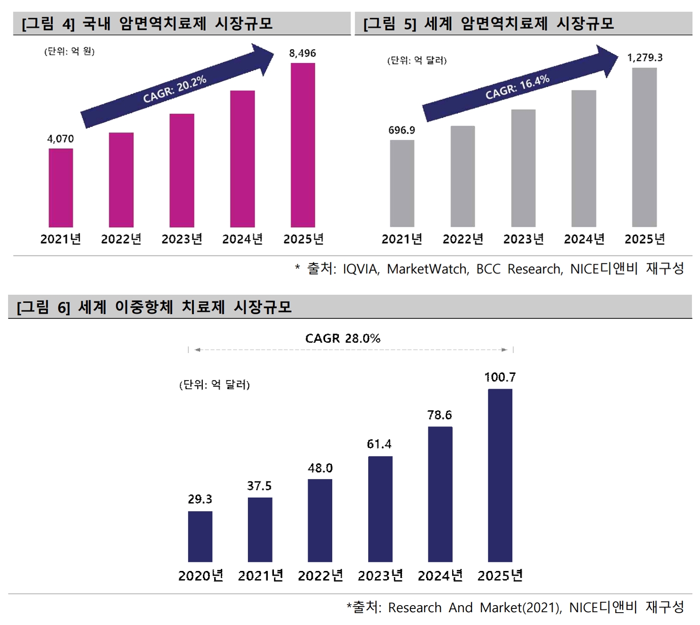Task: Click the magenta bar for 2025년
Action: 303,145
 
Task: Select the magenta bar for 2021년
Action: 61,188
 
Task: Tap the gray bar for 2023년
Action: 523,168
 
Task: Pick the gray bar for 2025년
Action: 645,147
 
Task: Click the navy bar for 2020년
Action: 200,536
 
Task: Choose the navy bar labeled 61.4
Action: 380,509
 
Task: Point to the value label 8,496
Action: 302,53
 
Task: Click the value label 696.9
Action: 401,130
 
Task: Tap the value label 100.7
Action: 500,377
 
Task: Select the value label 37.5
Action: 259,486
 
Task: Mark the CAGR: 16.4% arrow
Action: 519,86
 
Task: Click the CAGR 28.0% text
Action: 343,338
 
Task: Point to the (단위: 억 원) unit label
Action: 70,51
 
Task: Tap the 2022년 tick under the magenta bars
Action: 121,239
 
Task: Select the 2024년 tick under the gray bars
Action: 584,239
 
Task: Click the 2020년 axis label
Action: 200,575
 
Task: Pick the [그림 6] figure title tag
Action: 43,307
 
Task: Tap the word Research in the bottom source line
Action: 415,607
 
